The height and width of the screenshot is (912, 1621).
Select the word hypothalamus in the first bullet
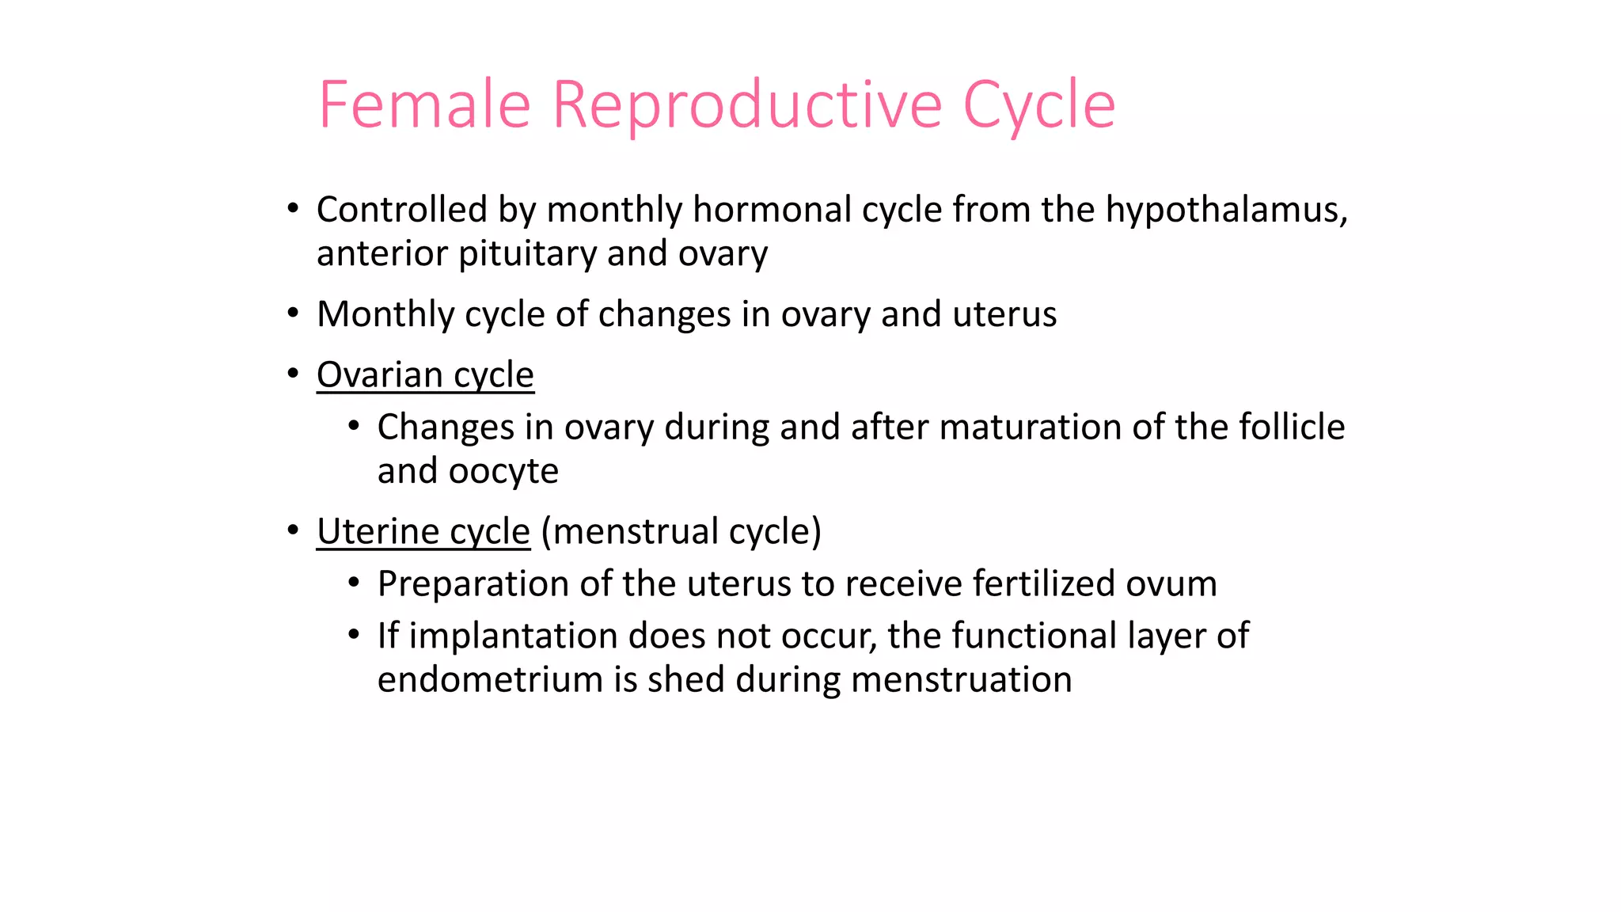pos(1225,211)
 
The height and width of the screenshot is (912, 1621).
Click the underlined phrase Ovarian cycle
pos(425,375)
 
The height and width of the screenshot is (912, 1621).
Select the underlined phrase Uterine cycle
pos(423,532)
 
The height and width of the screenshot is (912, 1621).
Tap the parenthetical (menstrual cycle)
pos(681,532)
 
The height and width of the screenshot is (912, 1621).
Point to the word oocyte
pos(503,472)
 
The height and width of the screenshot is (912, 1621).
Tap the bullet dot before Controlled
pos(293,209)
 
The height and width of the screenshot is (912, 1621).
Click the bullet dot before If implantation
pos(354,635)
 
